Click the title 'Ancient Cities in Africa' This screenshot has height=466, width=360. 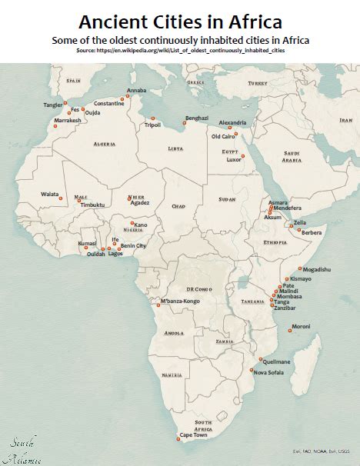[x=179, y=21]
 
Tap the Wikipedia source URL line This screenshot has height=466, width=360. [x=179, y=49]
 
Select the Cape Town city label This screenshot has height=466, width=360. [x=194, y=435]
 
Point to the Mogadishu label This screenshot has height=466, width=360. [x=316, y=270]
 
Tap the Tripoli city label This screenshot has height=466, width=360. [x=152, y=125]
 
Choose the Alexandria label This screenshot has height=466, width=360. [x=232, y=122]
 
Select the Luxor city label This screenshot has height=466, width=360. [x=234, y=160]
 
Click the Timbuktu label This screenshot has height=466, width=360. [x=92, y=205]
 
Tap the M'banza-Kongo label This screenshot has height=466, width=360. [x=179, y=301]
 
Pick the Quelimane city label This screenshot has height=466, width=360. [x=277, y=361]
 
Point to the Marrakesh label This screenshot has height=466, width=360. [x=68, y=121]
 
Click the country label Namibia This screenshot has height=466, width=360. [x=172, y=374]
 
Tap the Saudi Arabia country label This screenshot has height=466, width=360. [x=292, y=156]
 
